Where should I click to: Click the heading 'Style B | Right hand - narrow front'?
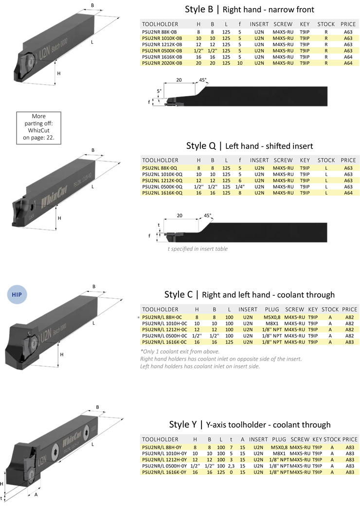click(x=250, y=9)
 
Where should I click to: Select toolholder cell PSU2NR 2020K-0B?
click(x=162, y=63)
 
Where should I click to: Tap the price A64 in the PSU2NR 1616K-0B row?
click(x=348, y=56)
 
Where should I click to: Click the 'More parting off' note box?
click(x=38, y=127)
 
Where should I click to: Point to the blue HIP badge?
click(x=17, y=294)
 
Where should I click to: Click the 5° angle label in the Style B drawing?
click(x=159, y=91)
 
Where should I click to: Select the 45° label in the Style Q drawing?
click(x=208, y=215)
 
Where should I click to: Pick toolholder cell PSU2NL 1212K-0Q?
click(x=162, y=181)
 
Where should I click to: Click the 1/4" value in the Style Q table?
click(x=239, y=187)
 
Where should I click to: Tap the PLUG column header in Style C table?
click(x=271, y=309)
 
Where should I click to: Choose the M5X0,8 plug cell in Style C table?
click(x=271, y=316)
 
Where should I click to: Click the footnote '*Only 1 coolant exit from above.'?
click(x=179, y=351)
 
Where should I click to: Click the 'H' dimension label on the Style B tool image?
click(x=59, y=73)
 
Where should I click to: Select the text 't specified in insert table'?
click(x=198, y=249)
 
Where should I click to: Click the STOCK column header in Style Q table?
click(x=326, y=160)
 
